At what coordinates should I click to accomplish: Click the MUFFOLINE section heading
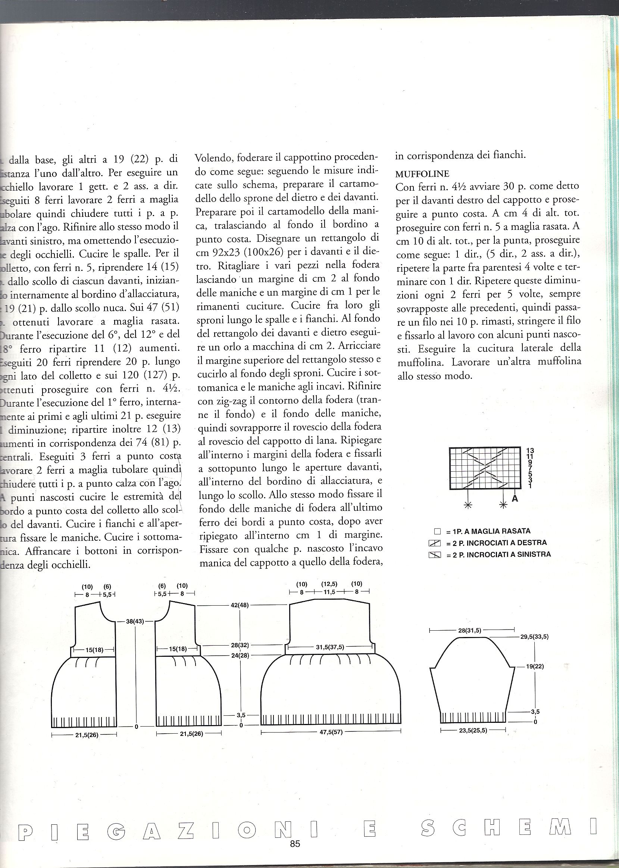(x=422, y=174)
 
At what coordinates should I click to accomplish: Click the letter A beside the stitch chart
(x=515, y=497)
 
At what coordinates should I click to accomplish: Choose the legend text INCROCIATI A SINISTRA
(x=502, y=554)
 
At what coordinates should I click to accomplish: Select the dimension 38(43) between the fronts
(x=135, y=621)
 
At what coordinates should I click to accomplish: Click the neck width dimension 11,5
(x=329, y=592)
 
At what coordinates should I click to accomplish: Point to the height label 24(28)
(x=240, y=655)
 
